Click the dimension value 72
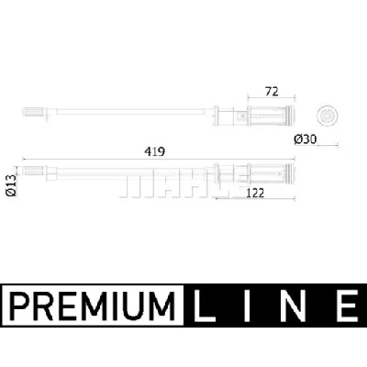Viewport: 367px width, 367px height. pos(272,92)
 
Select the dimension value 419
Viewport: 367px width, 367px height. pos(155,151)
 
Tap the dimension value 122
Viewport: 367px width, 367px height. pos(254,193)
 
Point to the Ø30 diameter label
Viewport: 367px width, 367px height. pos(306,139)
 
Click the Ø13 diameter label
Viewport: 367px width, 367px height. pos(11,185)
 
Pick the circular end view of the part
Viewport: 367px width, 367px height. pos(328,116)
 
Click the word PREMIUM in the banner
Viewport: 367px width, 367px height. pos(93,306)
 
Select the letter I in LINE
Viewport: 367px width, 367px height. pos(247,306)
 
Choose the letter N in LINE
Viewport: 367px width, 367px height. pos(292,306)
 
